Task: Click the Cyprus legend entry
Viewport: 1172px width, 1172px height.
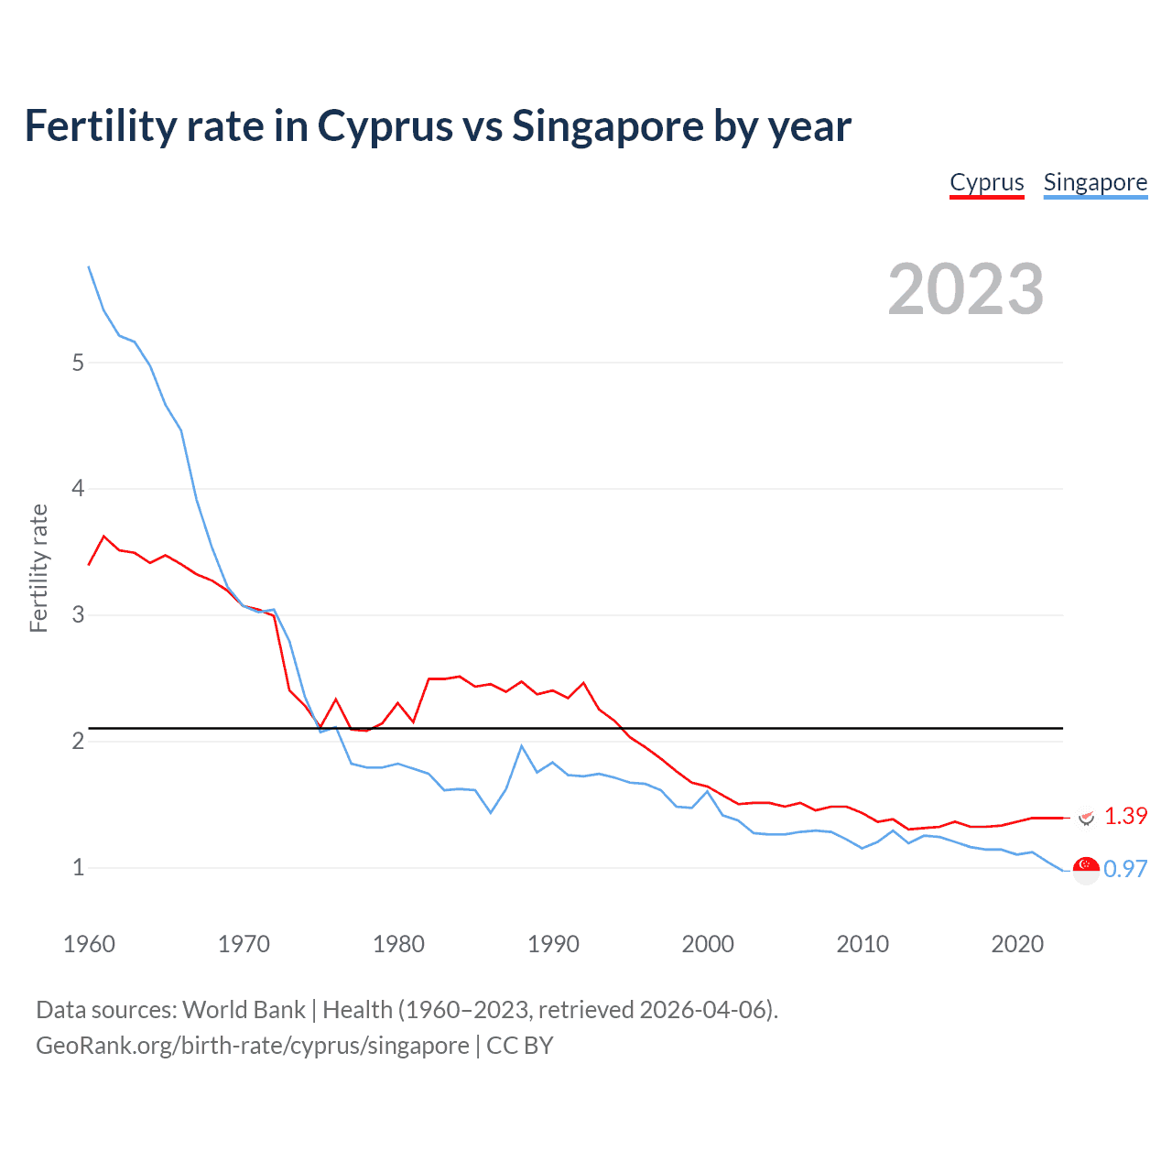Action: [986, 182]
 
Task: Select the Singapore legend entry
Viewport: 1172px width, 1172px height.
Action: [1095, 182]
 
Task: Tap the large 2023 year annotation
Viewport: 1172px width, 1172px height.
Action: [966, 289]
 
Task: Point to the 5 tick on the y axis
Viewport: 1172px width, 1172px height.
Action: [78, 363]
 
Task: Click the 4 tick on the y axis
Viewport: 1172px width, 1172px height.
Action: [78, 489]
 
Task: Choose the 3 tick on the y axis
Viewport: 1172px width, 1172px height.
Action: [78, 614]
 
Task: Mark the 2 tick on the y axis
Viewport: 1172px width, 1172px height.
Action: [78, 741]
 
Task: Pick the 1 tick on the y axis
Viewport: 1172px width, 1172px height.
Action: [78, 867]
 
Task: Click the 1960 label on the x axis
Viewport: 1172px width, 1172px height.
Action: [89, 944]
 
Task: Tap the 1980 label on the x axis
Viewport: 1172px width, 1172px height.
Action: [398, 944]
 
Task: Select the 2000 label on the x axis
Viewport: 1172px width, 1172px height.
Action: [708, 944]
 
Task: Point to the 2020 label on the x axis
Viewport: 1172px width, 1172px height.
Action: [1017, 944]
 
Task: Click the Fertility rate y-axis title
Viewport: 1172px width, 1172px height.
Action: [38, 568]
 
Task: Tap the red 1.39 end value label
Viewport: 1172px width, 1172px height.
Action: [1125, 816]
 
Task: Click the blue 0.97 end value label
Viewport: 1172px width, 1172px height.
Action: [1125, 869]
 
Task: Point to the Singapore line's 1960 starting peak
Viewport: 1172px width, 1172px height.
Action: [89, 266]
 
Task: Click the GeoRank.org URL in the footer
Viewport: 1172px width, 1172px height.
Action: [252, 1046]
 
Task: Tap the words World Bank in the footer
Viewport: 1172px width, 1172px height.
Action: [244, 1010]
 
